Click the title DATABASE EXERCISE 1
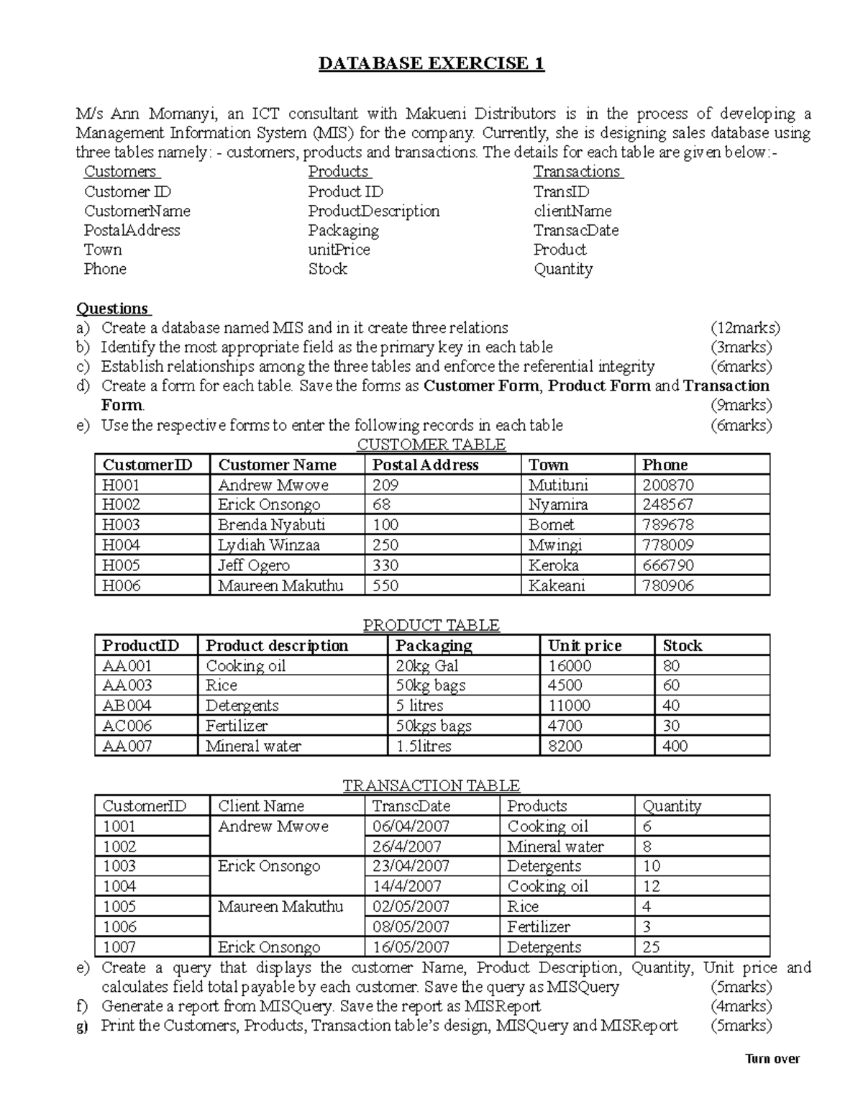point(431,64)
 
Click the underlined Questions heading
point(112,309)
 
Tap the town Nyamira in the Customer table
point(557,505)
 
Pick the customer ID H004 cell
point(121,545)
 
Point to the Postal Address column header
point(425,465)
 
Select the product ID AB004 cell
point(127,706)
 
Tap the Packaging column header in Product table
point(434,646)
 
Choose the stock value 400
point(675,746)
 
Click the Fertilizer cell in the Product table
point(237,726)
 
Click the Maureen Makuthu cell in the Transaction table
point(280,907)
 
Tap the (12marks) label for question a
point(745,328)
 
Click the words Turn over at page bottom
point(772,1059)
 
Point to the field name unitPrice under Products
point(339,250)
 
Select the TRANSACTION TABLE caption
point(431,785)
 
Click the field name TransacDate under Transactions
point(575,230)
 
